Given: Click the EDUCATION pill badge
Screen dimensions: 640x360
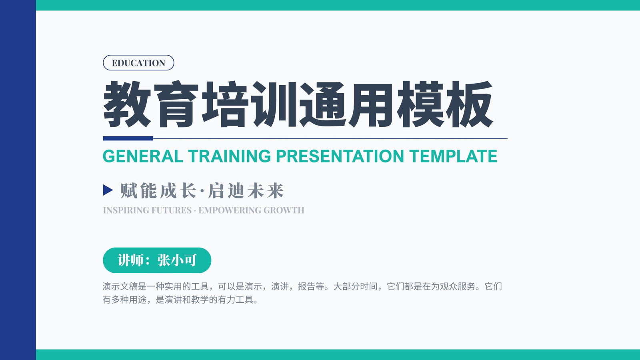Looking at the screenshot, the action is pos(138,62).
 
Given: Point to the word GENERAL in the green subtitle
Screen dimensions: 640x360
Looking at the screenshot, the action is pos(143,156).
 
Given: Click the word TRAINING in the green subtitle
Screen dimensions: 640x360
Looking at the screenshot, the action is pos(230,156).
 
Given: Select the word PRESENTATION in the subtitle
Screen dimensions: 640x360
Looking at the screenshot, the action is pos(340,156).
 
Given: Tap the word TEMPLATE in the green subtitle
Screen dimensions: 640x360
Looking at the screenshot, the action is pos(453,156).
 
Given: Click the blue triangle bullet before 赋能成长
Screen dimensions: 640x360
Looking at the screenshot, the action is pos(108,190).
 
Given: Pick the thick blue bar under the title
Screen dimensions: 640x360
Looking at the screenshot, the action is pos(128,138).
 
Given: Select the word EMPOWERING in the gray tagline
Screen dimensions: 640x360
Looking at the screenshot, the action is pos(230,210).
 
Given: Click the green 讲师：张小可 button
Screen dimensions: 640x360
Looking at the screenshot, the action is pos(157,260).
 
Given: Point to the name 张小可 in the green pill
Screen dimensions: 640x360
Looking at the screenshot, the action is pos(177,260).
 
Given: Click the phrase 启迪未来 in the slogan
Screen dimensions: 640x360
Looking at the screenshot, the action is pos(246,190).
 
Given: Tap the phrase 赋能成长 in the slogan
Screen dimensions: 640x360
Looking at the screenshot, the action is pos(158,190).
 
